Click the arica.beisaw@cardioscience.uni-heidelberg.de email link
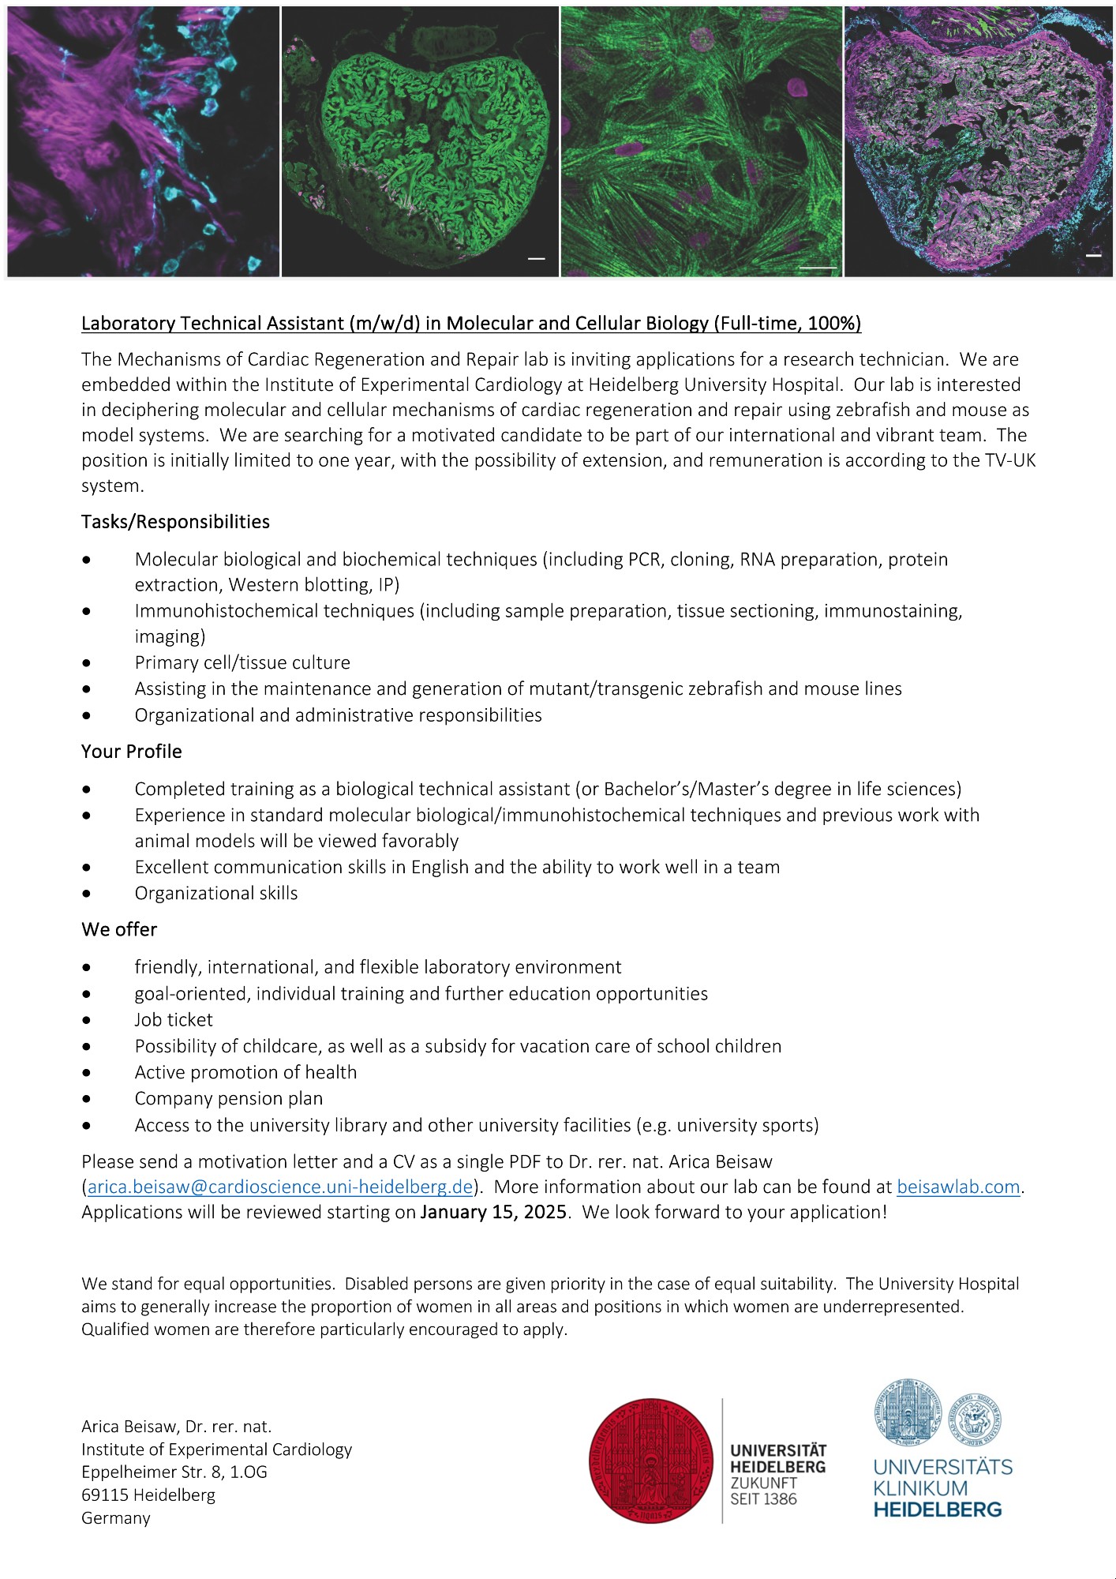click(x=280, y=1187)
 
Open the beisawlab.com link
click(x=958, y=1187)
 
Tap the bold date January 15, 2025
click(x=493, y=1212)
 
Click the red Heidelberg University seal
click(x=651, y=1461)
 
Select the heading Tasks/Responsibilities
click(x=175, y=522)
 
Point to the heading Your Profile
click(x=131, y=752)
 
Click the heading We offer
click(x=119, y=929)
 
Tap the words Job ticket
click(x=174, y=1020)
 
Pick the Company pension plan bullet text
click(x=228, y=1098)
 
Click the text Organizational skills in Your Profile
click(x=216, y=893)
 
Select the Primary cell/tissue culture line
click(x=242, y=662)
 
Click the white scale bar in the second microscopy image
click(x=537, y=258)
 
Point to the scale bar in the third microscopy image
click(x=818, y=268)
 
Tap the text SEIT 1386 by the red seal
click(x=763, y=1499)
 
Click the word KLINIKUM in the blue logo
click(x=919, y=1488)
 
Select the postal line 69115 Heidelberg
click(x=148, y=1495)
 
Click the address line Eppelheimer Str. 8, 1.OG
click(x=174, y=1472)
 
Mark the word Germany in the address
click(x=116, y=1518)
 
